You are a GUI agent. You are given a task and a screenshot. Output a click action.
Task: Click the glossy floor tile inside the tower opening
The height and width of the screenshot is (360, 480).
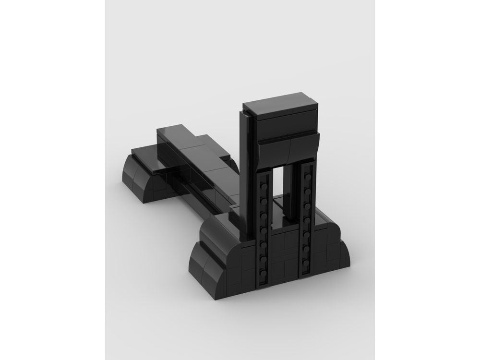pyautogui.click(x=278, y=221)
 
